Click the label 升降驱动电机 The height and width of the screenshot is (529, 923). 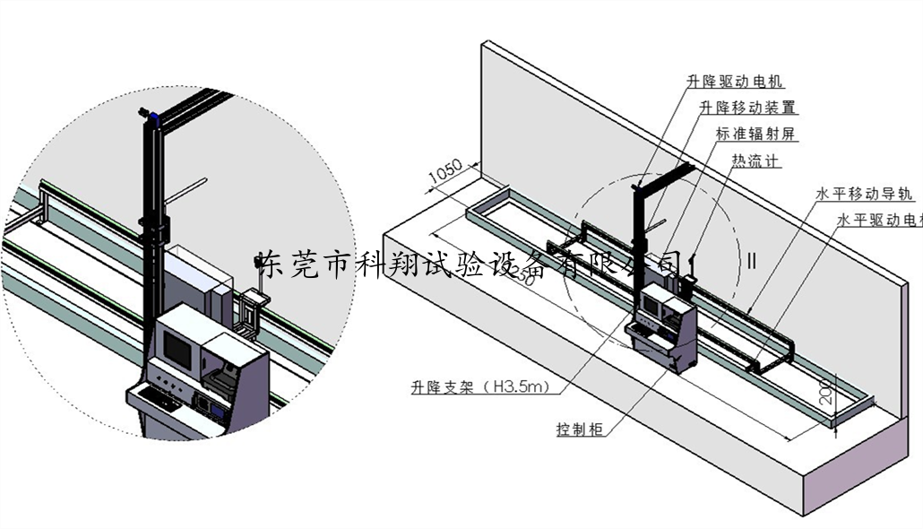tap(735, 82)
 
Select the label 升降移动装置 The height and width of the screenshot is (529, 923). tap(747, 108)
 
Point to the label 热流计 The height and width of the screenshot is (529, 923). tap(755, 161)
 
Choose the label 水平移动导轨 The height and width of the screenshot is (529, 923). tap(864, 193)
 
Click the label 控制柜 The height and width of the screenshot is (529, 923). tap(579, 429)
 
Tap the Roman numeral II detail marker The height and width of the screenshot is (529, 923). tap(752, 262)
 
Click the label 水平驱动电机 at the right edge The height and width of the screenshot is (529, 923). tap(878, 219)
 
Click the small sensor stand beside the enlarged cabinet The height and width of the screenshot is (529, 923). tap(251, 309)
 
